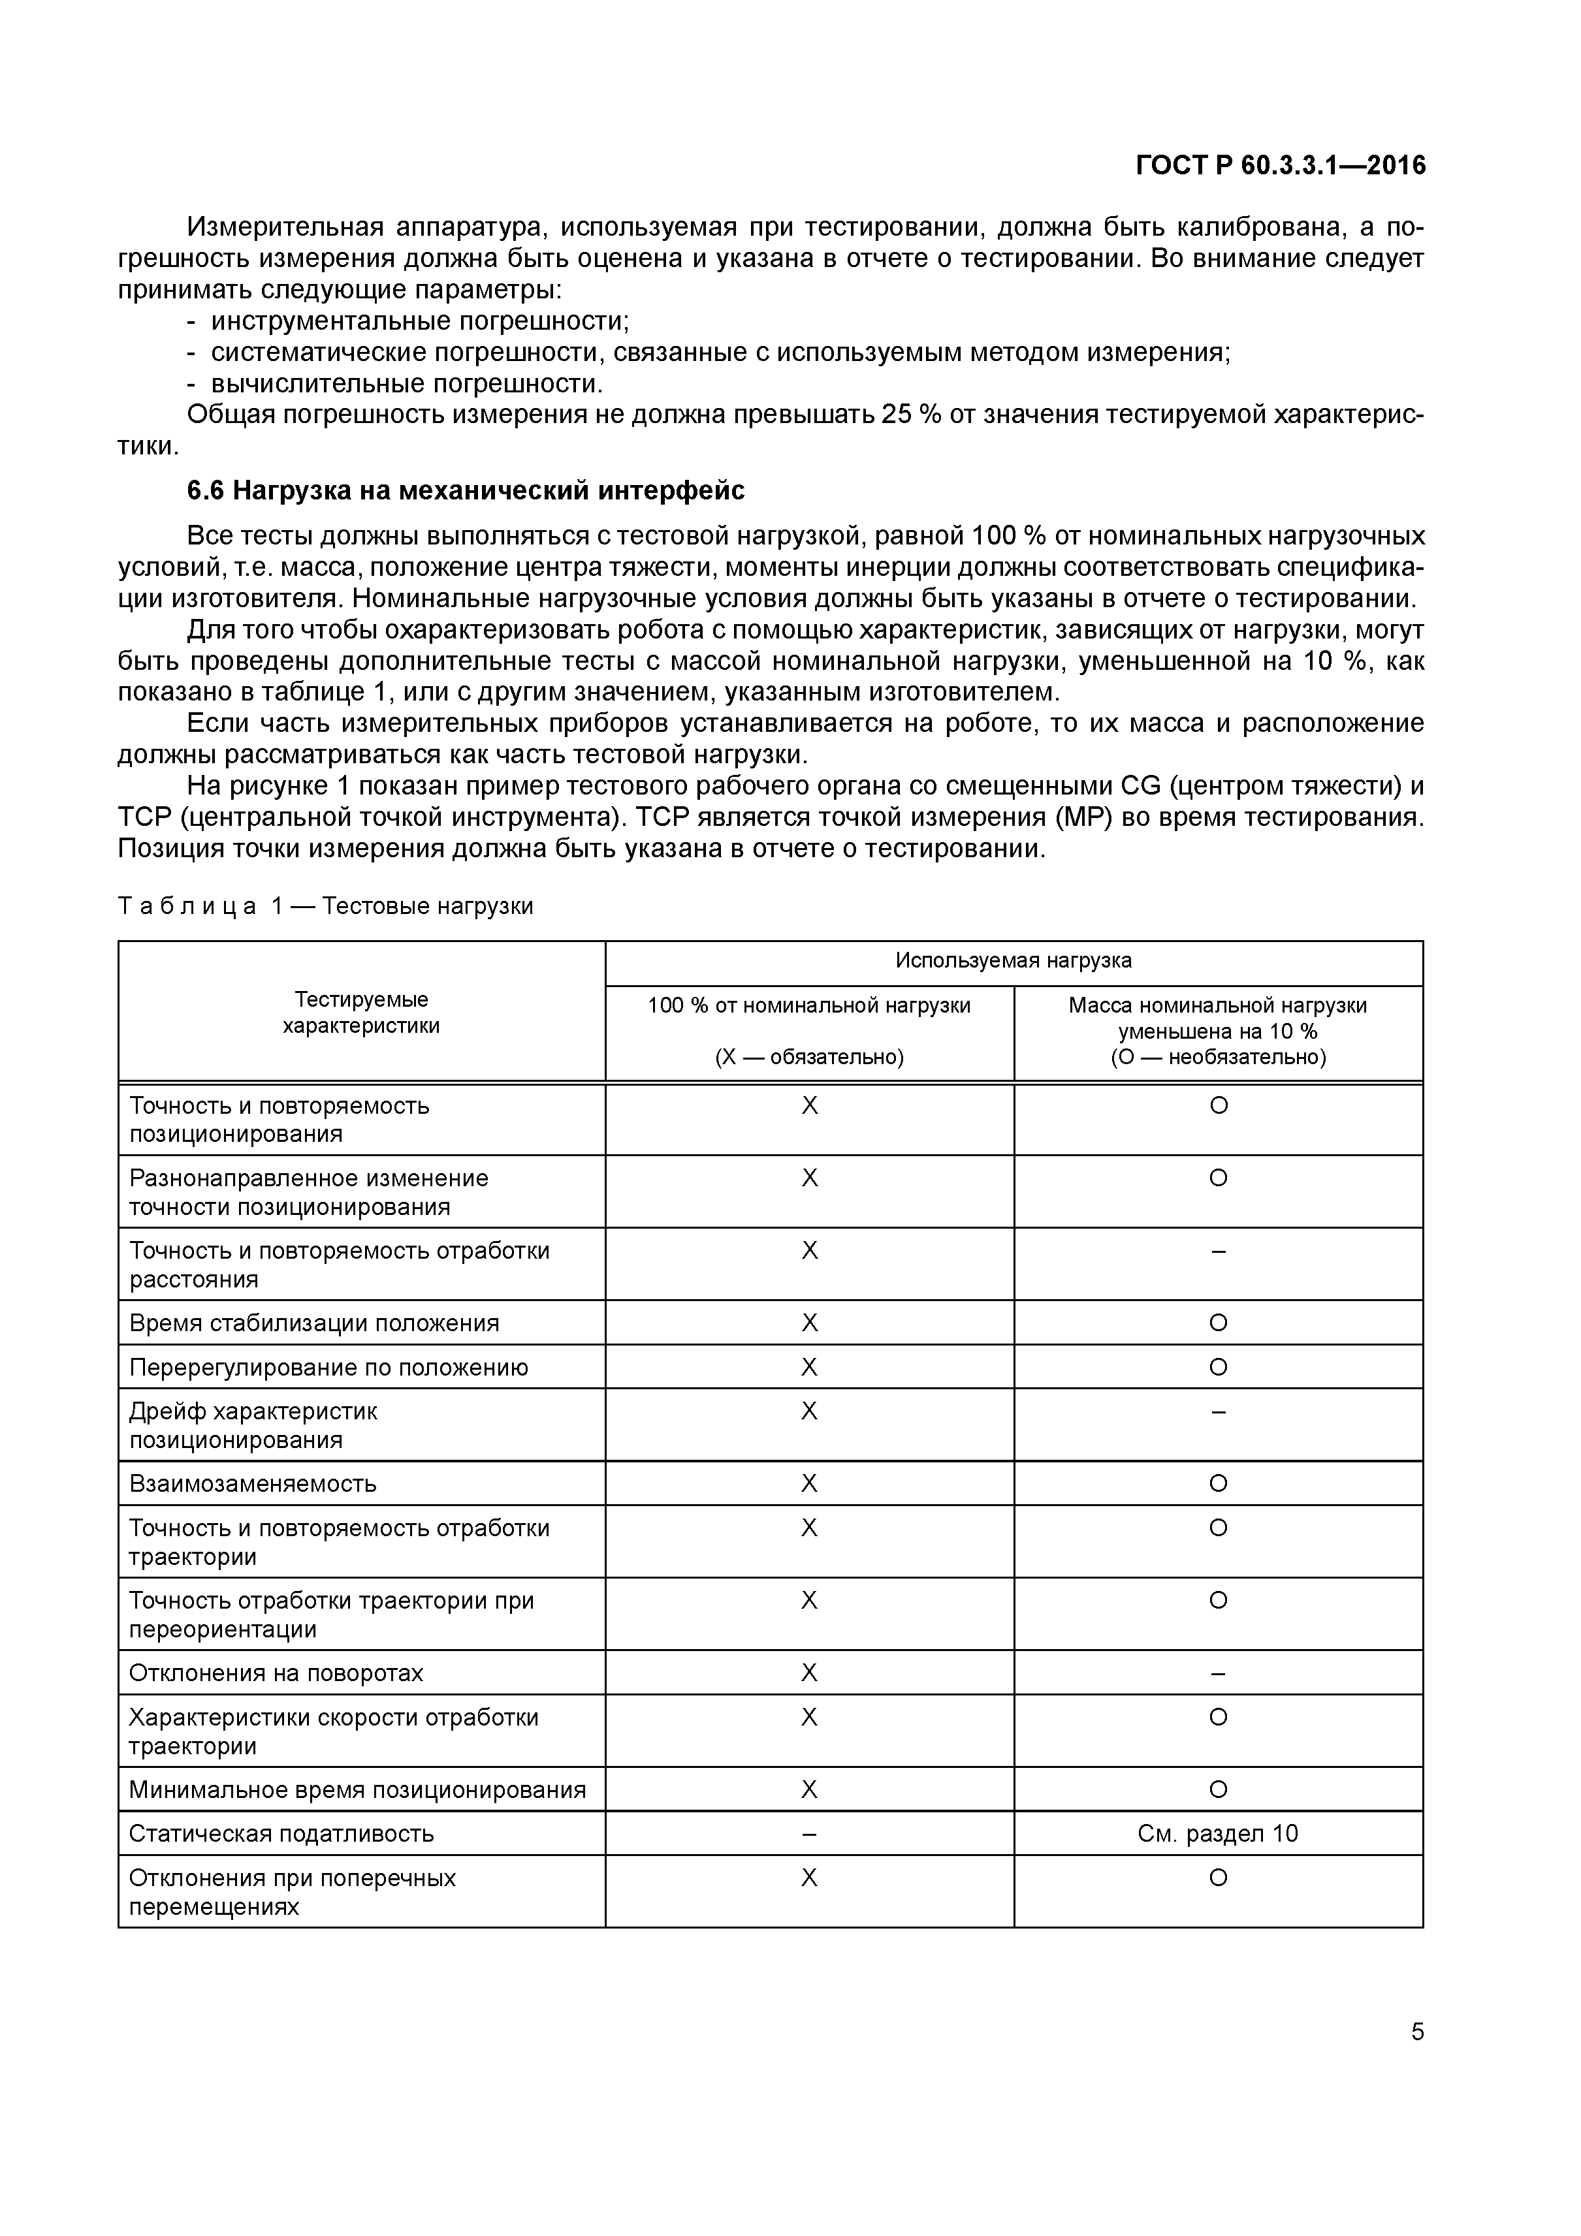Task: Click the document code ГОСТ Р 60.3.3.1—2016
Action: click(1280, 166)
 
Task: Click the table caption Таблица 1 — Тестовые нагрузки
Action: click(325, 907)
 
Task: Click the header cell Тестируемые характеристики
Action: click(360, 1013)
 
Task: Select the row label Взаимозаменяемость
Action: click(252, 1484)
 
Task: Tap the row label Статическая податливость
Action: click(281, 1834)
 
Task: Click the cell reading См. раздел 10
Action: click(1218, 1834)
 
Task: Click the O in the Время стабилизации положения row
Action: click(1218, 1323)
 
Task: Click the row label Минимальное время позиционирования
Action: click(357, 1790)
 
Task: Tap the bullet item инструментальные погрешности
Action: click(419, 321)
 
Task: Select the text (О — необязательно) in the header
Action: click(1218, 1058)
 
